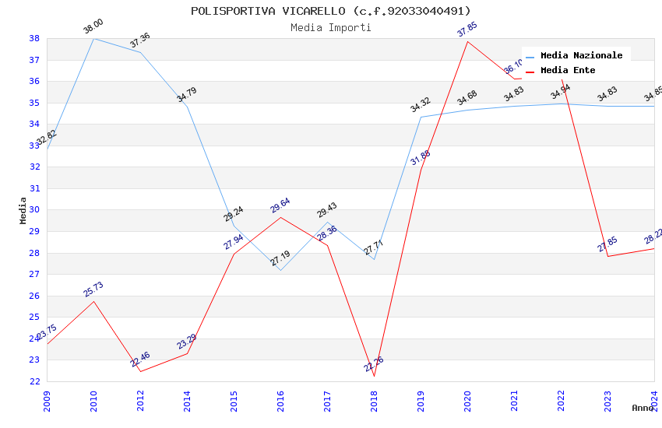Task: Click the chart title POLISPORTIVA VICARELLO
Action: tap(330, 11)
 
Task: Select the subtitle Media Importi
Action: tap(330, 27)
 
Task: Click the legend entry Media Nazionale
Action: tap(581, 55)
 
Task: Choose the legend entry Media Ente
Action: tap(567, 70)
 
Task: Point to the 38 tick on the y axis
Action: tap(34, 38)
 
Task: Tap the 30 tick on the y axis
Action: tap(34, 210)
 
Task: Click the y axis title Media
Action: tap(23, 210)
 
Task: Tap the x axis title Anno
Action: tap(643, 408)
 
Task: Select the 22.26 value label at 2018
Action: tap(374, 364)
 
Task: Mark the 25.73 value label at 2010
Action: tap(93, 289)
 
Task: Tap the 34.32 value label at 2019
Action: tap(421, 105)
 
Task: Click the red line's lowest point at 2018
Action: tap(374, 376)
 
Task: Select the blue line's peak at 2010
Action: tap(93, 38)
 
